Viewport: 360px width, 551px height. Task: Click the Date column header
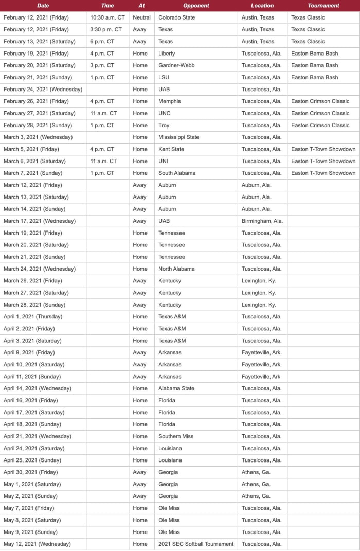[x=43, y=6]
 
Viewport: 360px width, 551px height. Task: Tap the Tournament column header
[x=323, y=6]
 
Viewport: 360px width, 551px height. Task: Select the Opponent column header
[x=196, y=6]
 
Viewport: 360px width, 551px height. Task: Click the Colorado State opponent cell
[x=176, y=17]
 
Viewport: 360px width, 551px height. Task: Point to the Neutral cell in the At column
[x=141, y=17]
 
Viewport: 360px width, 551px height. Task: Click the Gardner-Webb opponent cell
[x=176, y=65]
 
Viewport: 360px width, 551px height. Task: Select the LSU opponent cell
[x=164, y=77]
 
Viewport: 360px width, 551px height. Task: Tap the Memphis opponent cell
[x=170, y=101]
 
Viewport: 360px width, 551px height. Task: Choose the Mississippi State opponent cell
[x=178, y=137]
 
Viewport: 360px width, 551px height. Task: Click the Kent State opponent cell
[x=171, y=149]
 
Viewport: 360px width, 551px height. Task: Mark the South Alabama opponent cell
[x=177, y=173]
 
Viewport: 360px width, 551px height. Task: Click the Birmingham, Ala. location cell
[x=262, y=221]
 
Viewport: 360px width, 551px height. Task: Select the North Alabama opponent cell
[x=176, y=269]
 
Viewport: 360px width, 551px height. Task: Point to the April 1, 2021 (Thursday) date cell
[x=33, y=316]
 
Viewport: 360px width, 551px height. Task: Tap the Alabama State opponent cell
[x=176, y=388]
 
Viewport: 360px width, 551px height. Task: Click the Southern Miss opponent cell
[x=176, y=436]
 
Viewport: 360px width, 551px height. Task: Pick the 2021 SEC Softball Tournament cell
[x=196, y=544]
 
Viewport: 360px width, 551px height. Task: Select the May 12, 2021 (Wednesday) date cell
[x=37, y=544]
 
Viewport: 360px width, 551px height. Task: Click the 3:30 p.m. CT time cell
[x=106, y=29]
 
